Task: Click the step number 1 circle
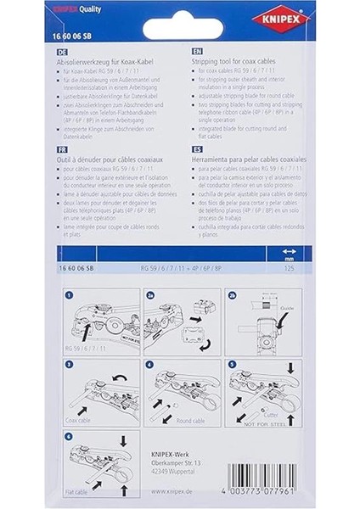[x=70, y=295]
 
